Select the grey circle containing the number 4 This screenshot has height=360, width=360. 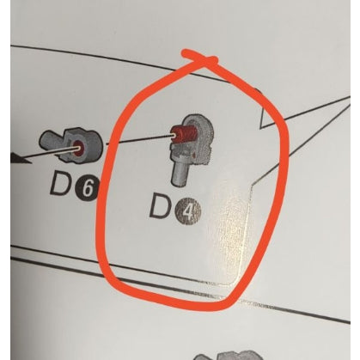tap(189, 212)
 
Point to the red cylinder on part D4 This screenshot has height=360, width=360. tap(183, 133)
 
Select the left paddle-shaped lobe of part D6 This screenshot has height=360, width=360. tap(51, 141)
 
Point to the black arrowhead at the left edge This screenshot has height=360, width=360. tap(20, 158)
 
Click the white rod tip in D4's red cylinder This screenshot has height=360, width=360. tap(174, 136)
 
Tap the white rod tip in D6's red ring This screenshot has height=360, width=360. tap(76, 149)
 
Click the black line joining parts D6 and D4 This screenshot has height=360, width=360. tap(139, 139)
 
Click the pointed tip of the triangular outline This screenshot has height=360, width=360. tap(262, 126)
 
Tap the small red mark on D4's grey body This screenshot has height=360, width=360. tap(193, 155)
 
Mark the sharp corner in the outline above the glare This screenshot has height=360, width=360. tap(251, 187)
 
